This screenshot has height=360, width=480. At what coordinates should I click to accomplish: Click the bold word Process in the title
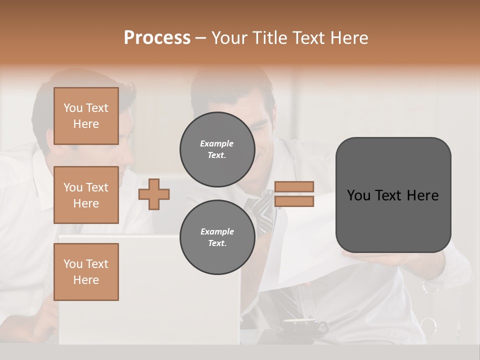(x=157, y=37)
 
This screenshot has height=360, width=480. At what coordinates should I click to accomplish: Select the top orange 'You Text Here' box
(x=86, y=116)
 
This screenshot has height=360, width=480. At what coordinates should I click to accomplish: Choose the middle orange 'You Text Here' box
(x=86, y=195)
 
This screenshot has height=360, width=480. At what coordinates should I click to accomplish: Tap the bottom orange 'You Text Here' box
(x=86, y=272)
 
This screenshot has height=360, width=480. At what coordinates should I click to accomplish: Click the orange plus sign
(x=154, y=193)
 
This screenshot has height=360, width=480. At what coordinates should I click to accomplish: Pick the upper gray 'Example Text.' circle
(x=217, y=149)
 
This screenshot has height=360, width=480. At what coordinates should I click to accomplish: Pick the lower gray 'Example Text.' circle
(x=217, y=237)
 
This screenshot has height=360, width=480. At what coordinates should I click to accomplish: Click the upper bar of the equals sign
(x=294, y=186)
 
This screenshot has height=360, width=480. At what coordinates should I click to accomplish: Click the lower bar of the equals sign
(x=294, y=201)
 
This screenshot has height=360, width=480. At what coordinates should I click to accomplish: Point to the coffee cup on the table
(x=300, y=327)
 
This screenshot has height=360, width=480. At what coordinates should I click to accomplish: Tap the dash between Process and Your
(x=200, y=38)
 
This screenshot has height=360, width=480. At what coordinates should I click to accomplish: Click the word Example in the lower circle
(x=217, y=231)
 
